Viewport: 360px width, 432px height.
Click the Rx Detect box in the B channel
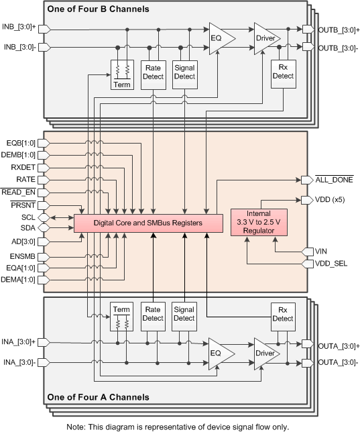[283, 71]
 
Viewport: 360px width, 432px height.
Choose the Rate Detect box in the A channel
[154, 313]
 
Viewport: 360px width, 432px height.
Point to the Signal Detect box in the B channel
[184, 71]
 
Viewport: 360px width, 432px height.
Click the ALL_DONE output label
[333, 180]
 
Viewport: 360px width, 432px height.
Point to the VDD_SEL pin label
[332, 264]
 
